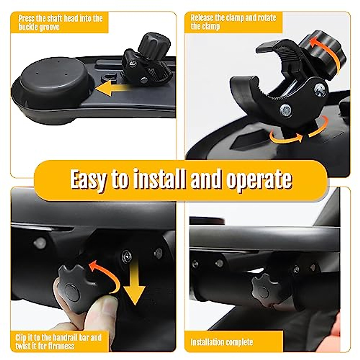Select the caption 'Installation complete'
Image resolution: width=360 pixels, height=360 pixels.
coord(222,342)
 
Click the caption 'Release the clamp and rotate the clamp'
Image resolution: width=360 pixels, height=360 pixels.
coord(233,22)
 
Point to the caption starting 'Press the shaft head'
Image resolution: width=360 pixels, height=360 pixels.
coord(60,22)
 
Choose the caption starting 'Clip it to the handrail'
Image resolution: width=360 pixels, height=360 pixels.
coord(58,342)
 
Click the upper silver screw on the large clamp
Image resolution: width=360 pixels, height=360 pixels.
coord(320,89)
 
